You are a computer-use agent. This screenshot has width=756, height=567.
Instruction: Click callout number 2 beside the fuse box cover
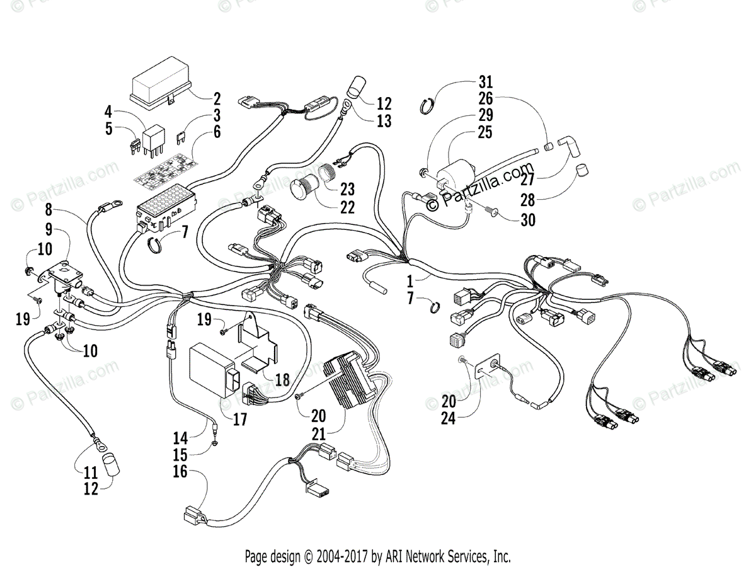(216, 98)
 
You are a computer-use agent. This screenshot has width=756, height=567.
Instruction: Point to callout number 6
(216, 132)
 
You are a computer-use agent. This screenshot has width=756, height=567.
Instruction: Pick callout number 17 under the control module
(239, 419)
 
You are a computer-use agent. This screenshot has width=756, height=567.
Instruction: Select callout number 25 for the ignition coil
(485, 132)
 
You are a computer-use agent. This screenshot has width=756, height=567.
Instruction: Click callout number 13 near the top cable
(384, 120)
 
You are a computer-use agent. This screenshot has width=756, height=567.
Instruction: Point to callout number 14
(180, 437)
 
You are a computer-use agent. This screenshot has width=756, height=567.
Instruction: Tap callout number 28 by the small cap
(527, 201)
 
